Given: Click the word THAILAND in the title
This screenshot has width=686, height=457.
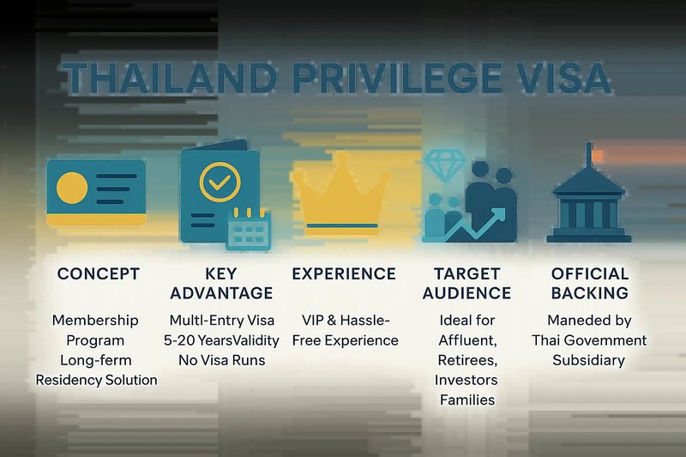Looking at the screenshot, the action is (x=169, y=78).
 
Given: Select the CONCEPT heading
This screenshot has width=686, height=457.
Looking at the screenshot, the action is (x=99, y=274).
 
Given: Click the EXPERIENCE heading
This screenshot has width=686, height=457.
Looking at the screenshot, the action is (x=344, y=274).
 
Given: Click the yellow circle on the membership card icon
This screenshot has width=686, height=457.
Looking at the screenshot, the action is (x=72, y=188).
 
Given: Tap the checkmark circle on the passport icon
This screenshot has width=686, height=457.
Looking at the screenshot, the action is (x=220, y=182).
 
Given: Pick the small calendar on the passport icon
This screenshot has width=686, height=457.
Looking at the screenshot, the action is (x=249, y=229).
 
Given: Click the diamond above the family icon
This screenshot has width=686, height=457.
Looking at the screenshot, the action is (x=444, y=165).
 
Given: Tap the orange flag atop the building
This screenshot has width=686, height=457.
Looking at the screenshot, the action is (x=597, y=156).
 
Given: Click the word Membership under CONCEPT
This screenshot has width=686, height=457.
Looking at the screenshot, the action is (x=95, y=321).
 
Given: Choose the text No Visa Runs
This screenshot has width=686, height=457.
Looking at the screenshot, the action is (x=222, y=360).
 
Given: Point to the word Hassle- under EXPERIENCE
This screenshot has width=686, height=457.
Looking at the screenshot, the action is (x=365, y=321).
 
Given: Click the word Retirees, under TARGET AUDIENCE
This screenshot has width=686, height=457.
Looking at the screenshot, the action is (x=467, y=360).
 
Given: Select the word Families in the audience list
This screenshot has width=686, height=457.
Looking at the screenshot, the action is (x=467, y=400).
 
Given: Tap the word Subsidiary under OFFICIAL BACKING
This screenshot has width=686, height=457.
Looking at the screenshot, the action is (x=589, y=360).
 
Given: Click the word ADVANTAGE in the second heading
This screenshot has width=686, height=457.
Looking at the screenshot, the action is (x=221, y=293).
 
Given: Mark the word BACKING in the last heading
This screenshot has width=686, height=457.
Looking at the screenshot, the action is (x=590, y=293).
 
